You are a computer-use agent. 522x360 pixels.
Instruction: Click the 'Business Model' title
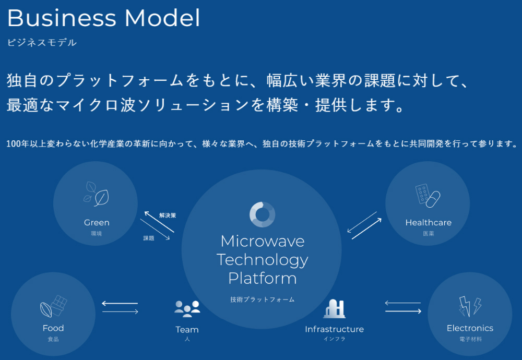[103, 18]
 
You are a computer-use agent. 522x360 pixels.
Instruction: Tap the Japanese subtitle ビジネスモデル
[42, 43]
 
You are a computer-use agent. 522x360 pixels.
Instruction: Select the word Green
[97, 223]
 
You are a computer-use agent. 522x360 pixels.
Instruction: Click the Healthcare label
[428, 223]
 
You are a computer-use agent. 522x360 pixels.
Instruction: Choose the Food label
[53, 328]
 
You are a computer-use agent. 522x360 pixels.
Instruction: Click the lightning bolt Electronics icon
[470, 306]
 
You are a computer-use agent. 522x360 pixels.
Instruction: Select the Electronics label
[470, 328]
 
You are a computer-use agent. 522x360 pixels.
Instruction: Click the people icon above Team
[187, 308]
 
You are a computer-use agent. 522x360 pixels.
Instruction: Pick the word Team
[187, 330]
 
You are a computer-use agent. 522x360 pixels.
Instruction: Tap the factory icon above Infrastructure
[334, 309]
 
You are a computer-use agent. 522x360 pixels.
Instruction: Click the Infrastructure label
[334, 330]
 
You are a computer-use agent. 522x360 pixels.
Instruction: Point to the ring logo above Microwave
[262, 214]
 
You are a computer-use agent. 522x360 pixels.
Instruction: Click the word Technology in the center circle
[262, 259]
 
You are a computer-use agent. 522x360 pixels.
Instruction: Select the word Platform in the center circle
[262, 278]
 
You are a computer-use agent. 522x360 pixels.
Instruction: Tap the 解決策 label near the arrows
[168, 215]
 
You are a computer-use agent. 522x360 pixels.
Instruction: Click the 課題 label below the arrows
[149, 238]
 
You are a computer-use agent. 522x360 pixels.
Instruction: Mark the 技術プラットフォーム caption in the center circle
[262, 299]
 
